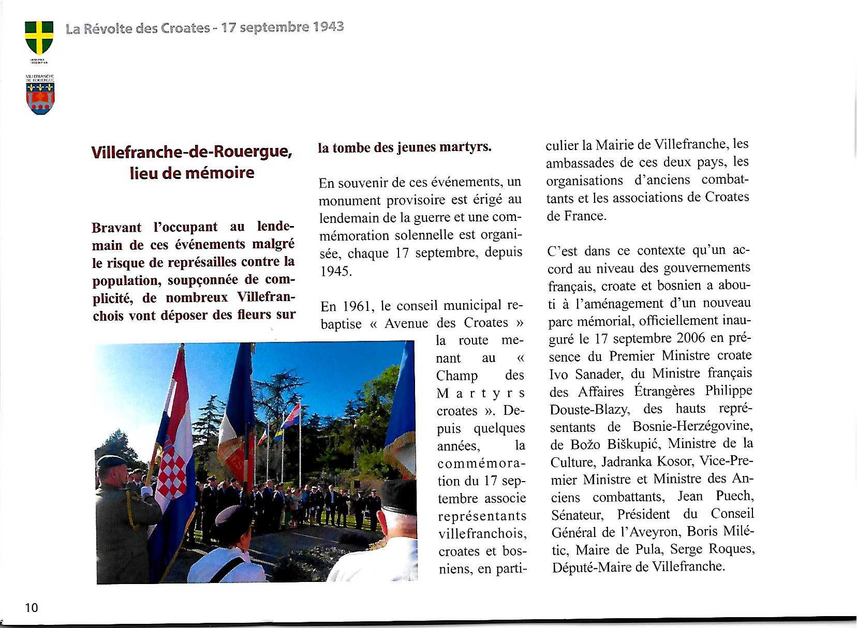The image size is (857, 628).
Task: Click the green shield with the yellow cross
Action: coord(39,37)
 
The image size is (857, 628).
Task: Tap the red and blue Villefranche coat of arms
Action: coord(40,98)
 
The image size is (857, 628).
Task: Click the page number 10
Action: coord(32,607)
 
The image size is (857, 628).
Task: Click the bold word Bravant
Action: coord(116,228)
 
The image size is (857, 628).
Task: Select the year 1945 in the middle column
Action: coord(336,271)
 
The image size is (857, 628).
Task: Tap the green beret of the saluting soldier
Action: coord(110,461)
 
